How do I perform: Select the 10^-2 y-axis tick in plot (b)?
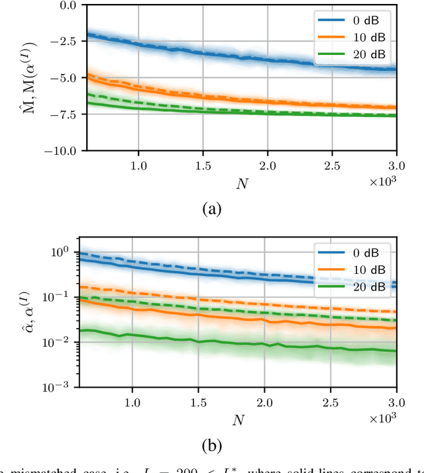pos(62,343)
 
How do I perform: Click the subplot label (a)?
pos(211,209)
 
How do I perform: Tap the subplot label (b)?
pos(211,447)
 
